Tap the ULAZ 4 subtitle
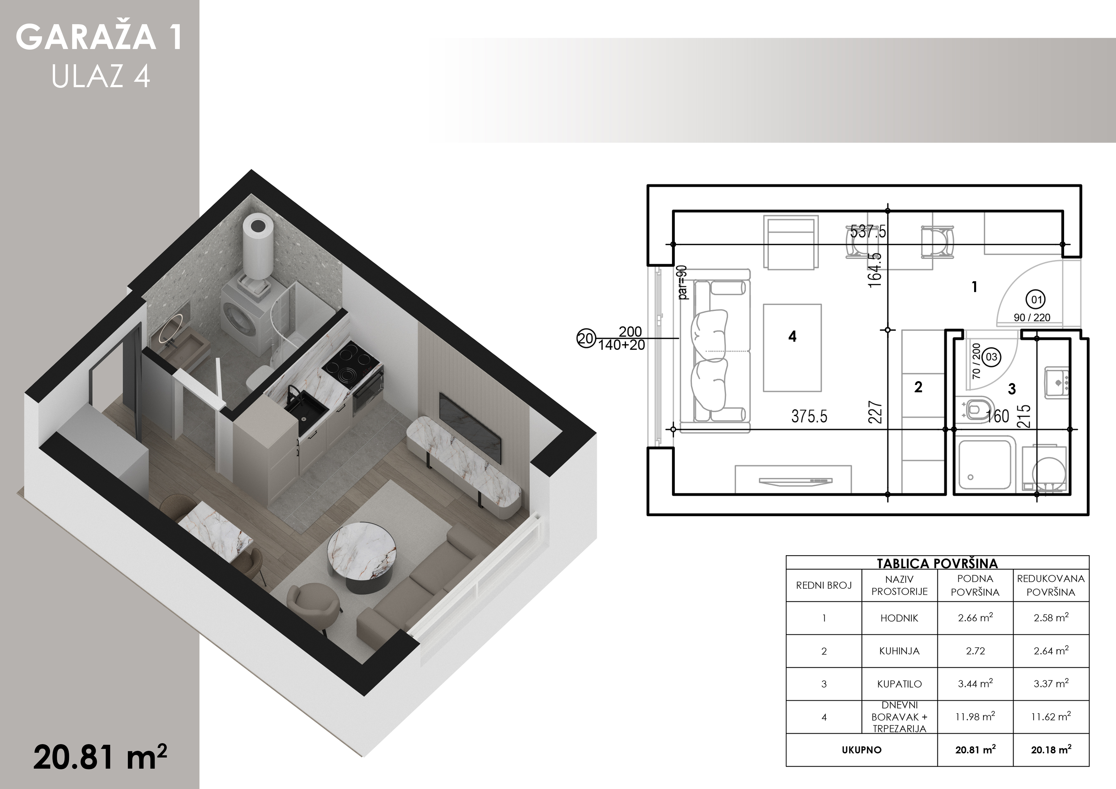click(x=101, y=76)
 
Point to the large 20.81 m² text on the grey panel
click(x=100, y=757)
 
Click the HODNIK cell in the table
click(x=899, y=618)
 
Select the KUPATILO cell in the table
click(x=899, y=684)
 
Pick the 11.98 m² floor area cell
click(x=975, y=716)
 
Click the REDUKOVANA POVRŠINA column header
click(x=1051, y=585)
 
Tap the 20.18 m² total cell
click(x=1051, y=750)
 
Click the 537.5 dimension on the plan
click(x=868, y=231)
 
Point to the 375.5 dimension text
click(x=809, y=416)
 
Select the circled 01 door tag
click(x=1037, y=299)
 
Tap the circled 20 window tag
click(x=586, y=338)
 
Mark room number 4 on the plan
click(x=792, y=336)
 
